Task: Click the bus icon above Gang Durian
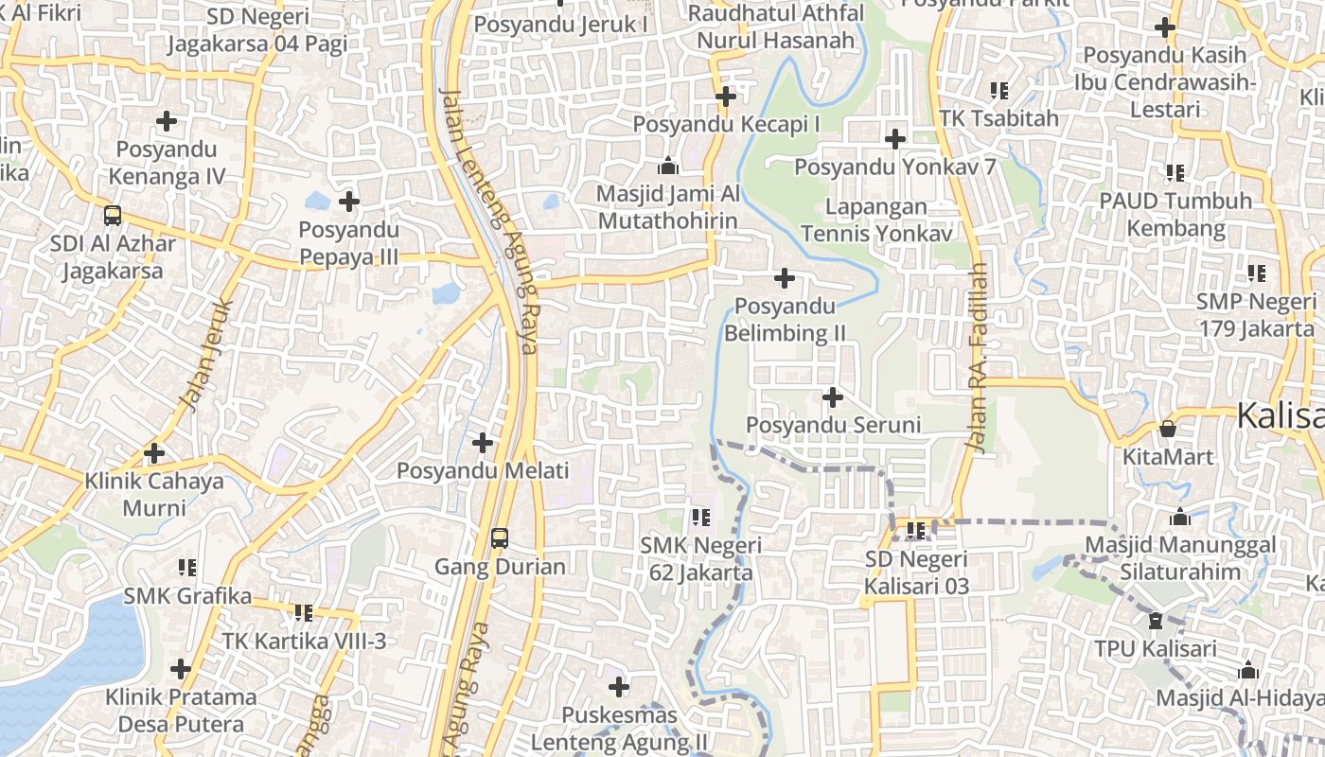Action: (x=499, y=538)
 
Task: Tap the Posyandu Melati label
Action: (x=483, y=470)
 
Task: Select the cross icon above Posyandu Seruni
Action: (x=833, y=397)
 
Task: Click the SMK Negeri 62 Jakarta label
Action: (x=700, y=558)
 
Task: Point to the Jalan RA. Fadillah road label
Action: (x=977, y=358)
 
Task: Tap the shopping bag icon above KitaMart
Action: (x=1168, y=429)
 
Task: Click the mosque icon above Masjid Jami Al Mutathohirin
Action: (x=668, y=167)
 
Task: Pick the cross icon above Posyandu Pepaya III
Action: (x=349, y=202)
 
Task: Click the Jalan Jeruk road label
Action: (x=205, y=355)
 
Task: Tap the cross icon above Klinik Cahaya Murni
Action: (x=154, y=453)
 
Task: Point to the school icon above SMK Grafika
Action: (x=187, y=568)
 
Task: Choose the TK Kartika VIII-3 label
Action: (x=304, y=641)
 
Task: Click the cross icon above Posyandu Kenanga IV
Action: (x=167, y=121)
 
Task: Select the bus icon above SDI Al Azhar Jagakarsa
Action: (x=113, y=215)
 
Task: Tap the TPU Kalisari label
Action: (x=1155, y=649)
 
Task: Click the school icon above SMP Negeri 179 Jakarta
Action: (x=1257, y=273)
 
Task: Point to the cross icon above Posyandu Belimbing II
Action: (x=785, y=278)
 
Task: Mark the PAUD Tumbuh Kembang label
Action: (x=1175, y=215)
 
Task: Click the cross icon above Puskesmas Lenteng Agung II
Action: (x=619, y=687)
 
